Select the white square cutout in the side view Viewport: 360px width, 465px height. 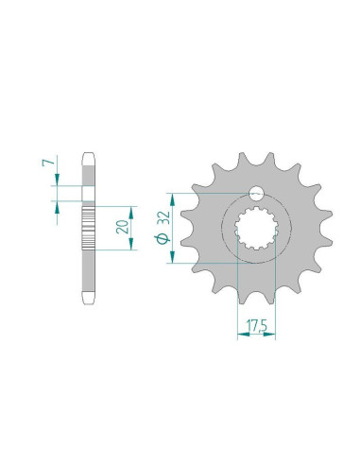click(89, 196)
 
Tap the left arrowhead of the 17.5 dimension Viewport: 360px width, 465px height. click(237, 342)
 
